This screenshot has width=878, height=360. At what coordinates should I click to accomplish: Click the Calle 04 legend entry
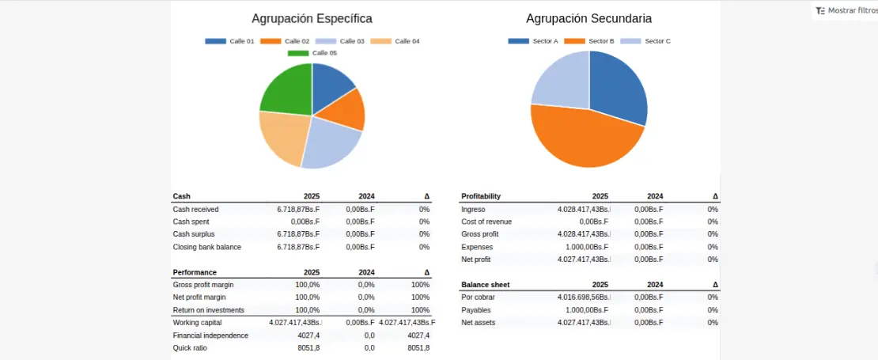coord(395,41)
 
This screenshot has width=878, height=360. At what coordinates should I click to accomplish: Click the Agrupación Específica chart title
coord(312,18)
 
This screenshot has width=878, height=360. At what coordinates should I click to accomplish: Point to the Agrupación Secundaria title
coord(588,18)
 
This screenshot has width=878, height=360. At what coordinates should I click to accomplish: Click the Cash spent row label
coord(191,222)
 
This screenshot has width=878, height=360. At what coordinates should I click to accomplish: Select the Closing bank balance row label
coord(206,247)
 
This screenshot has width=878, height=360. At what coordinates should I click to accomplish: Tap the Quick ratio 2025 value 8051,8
coord(308,347)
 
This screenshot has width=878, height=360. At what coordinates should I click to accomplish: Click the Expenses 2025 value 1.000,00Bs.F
coord(585,247)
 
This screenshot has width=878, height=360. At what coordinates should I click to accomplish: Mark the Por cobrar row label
coord(478,297)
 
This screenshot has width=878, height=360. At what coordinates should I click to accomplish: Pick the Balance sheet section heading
coord(485,284)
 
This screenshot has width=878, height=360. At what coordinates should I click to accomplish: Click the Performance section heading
coord(195,271)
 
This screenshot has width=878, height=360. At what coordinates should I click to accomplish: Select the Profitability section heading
coord(481,196)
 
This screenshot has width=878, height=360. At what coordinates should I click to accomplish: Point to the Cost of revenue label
coord(486,222)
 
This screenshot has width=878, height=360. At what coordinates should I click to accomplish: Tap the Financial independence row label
coord(210,335)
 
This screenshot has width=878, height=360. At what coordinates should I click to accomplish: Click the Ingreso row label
coord(474,209)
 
